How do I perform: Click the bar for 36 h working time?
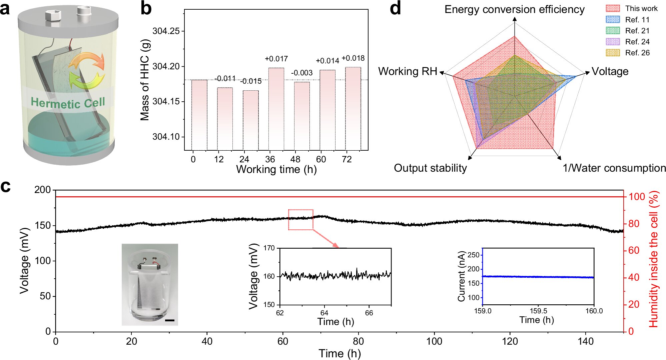coord(276,109)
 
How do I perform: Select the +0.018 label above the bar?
coord(353,58)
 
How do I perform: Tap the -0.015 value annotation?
coord(251,81)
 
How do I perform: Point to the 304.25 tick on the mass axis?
coord(166,31)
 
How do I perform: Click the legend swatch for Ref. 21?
coord(613,31)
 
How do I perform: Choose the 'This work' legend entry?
coord(641,9)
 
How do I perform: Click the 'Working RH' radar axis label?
coord(407,71)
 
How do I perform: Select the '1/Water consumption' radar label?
coord(614,168)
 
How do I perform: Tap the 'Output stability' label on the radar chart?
coord(430,168)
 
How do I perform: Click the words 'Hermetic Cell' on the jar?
coord(68,103)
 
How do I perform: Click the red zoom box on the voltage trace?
coord(300,220)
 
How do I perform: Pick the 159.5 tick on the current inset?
coord(538,311)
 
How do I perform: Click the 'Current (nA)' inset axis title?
coord(461,276)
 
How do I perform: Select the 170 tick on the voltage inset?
coord(269,248)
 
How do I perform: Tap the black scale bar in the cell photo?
coord(170,320)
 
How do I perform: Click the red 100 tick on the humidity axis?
coord(637,197)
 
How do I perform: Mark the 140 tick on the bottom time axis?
coord(586,341)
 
